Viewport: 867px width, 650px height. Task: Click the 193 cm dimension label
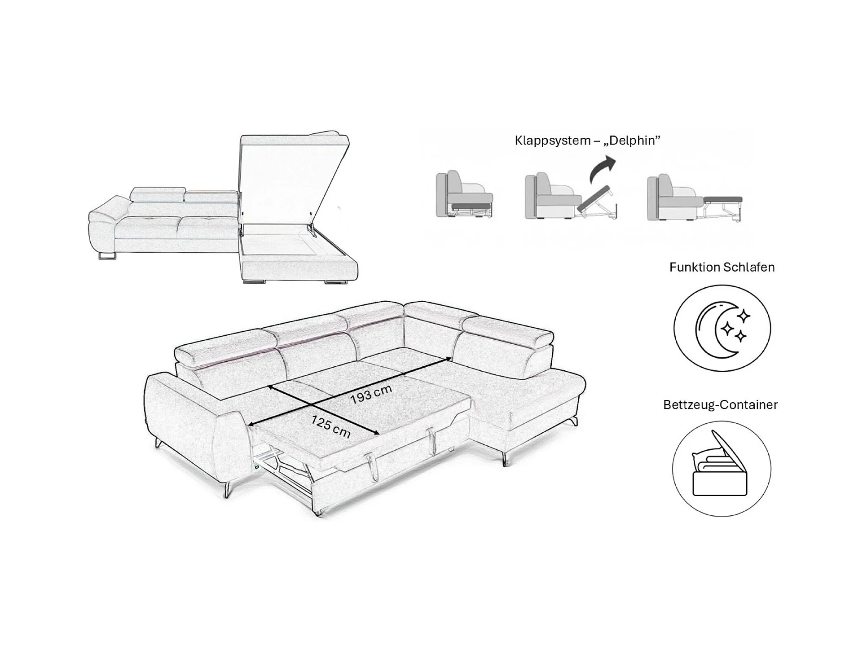click(x=371, y=395)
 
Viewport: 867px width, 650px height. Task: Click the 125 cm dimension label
click(x=330, y=426)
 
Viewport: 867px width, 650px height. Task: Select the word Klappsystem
click(x=552, y=141)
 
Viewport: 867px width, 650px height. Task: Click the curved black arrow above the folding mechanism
click(x=603, y=168)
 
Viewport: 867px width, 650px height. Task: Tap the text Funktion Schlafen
click(x=722, y=268)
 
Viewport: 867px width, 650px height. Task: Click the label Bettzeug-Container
click(x=720, y=405)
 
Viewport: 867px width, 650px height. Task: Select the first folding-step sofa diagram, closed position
click(x=464, y=196)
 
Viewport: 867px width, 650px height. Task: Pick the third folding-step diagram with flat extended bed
click(x=694, y=198)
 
